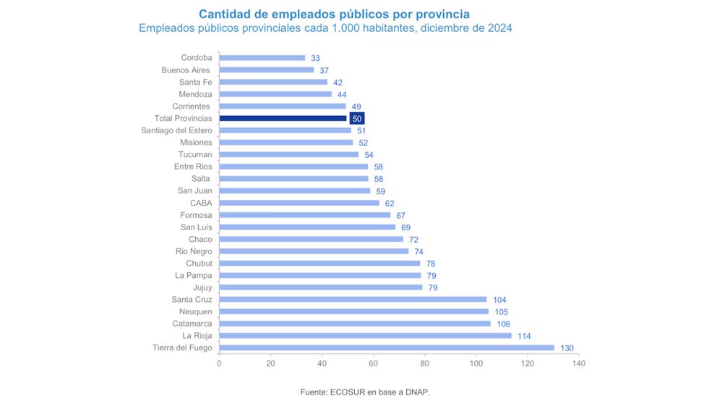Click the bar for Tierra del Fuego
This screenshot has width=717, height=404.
387,348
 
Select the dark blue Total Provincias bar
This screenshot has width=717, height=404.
283,118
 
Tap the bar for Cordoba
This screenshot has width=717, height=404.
262,58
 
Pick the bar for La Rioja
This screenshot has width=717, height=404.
365,335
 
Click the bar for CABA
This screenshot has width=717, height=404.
299,203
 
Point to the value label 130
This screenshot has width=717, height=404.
567,348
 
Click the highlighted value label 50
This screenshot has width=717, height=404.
356,119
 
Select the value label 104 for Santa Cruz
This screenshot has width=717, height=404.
500,300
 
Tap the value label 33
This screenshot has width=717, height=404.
315,58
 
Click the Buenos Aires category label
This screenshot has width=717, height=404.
186,70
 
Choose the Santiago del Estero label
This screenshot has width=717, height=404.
176,130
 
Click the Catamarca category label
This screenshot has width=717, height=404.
192,324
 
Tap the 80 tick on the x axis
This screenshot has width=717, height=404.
425,363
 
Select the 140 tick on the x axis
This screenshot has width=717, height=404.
578,363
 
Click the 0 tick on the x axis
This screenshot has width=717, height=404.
219,363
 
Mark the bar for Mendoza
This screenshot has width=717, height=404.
275,94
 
